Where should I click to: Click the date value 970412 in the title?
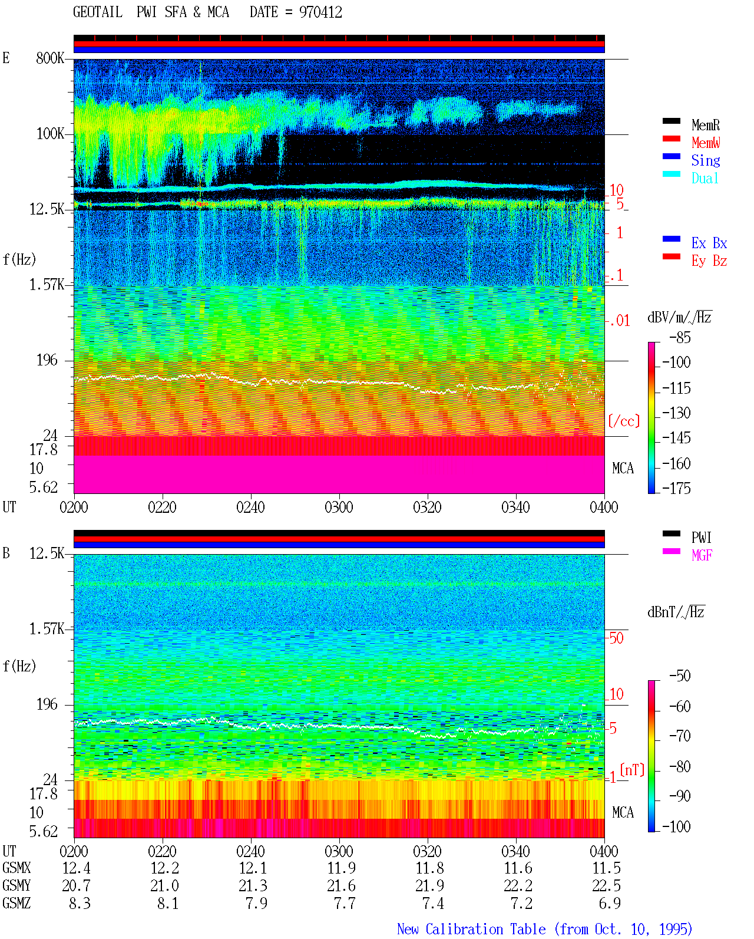click(320, 12)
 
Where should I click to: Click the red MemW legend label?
click(705, 143)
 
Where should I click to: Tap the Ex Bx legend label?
click(709, 243)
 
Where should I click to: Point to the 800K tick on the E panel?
click(50, 58)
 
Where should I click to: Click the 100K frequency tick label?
click(50, 134)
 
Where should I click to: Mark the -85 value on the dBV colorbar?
click(680, 337)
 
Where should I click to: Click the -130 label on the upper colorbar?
click(676, 413)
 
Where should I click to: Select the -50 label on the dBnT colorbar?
click(680, 676)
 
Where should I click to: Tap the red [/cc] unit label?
click(624, 421)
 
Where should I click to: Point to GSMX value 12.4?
click(77, 868)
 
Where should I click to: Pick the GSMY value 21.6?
click(342, 886)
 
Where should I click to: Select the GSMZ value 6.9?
click(610, 903)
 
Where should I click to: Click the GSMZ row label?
click(16, 903)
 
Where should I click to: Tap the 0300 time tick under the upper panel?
click(339, 508)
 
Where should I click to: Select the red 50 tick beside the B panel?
click(616, 638)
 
